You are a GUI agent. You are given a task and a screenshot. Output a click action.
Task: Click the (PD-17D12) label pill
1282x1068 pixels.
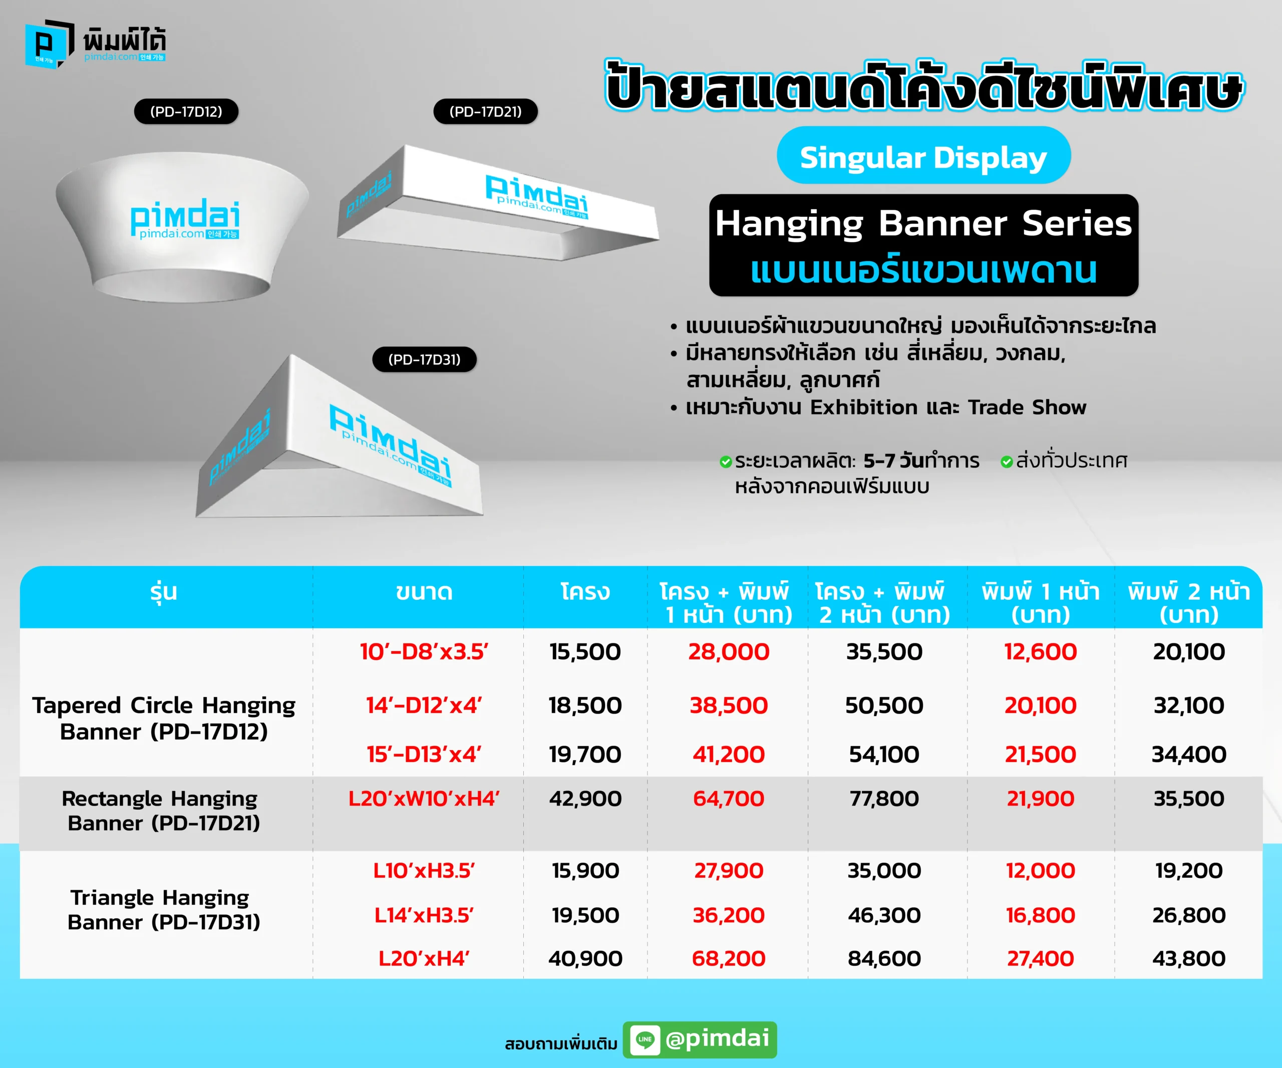coord(186,112)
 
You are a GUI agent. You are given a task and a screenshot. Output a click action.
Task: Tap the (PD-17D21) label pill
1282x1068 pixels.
coord(485,112)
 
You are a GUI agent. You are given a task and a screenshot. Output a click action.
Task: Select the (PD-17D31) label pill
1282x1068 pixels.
coord(424,360)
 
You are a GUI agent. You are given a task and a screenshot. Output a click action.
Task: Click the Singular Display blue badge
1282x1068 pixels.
coord(923,156)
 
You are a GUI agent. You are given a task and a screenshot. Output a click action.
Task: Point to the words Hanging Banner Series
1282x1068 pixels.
coord(923,223)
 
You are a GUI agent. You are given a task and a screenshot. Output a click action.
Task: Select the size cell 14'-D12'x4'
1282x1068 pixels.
coord(424,705)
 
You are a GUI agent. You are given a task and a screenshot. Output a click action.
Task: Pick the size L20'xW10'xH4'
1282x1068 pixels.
coord(424,798)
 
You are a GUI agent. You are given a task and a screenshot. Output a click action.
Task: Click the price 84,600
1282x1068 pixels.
coord(884,958)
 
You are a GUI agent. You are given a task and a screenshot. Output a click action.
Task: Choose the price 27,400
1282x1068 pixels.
coord(1040,958)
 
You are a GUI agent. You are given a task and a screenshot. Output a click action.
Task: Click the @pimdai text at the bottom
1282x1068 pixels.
coord(717,1038)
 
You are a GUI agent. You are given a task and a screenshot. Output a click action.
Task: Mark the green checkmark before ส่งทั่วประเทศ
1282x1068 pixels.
coord(1007,462)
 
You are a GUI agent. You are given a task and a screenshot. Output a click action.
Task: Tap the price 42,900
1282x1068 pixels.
coord(585,798)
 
